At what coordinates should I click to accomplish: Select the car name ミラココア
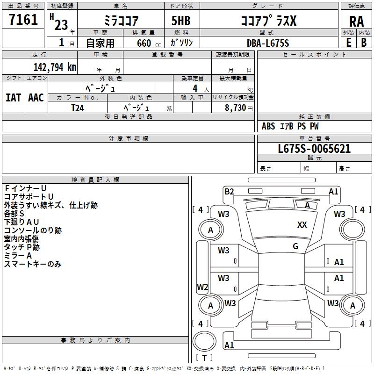(121, 21)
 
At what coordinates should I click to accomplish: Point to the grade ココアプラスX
(268, 21)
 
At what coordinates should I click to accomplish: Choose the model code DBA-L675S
(268, 43)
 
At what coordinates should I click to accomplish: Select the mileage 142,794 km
(55, 67)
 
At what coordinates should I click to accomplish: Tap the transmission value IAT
(13, 97)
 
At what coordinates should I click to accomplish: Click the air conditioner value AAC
(36, 97)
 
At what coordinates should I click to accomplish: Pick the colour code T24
(78, 107)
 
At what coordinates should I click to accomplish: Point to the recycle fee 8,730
(236, 108)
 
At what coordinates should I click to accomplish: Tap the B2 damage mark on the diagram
(229, 191)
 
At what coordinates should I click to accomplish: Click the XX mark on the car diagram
(302, 225)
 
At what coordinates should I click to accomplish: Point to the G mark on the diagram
(295, 246)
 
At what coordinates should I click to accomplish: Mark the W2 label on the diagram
(202, 287)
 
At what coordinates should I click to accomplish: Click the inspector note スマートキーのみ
(33, 264)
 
